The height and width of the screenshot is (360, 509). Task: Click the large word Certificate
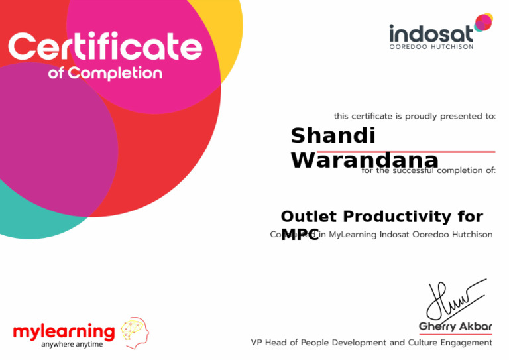point(105,48)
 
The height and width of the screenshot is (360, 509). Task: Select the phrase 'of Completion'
point(105,73)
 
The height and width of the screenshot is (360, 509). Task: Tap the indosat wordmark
point(430,34)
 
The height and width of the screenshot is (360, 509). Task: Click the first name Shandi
point(333,136)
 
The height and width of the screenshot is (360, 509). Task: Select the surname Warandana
point(364,160)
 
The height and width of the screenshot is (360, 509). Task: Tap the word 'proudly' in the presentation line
point(420,116)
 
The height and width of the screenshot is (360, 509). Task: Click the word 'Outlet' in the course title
point(309,217)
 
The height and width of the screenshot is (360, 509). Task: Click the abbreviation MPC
point(300,233)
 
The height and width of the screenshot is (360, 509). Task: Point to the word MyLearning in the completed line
point(353,234)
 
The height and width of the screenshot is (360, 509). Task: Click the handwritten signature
point(454,298)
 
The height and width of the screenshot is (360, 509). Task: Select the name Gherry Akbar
point(455,326)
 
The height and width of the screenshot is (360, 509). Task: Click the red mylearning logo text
point(64,331)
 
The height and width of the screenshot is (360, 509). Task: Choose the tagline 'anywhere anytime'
point(72,344)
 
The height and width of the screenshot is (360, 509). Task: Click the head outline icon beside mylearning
point(134,332)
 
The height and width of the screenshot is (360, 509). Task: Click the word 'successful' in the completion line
point(414,170)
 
